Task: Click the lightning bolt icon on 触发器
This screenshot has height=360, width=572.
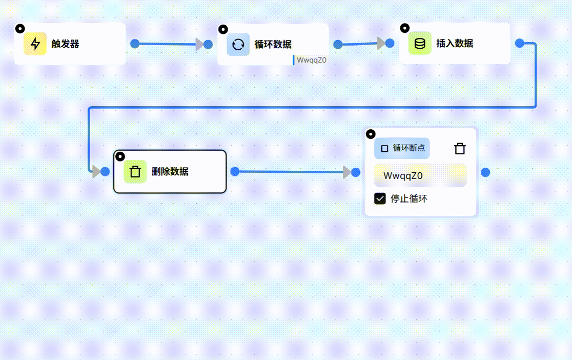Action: [35, 44]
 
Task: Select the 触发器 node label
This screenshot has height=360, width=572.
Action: [66, 44]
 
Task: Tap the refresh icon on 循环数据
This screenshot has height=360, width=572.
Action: [238, 44]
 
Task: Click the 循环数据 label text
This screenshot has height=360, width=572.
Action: [273, 45]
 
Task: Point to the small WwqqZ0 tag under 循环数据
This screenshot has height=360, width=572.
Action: [311, 60]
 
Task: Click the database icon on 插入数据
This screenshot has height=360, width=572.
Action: [420, 44]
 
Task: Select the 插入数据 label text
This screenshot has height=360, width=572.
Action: [455, 44]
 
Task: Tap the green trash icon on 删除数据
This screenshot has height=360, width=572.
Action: [135, 171]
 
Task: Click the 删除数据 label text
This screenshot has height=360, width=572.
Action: [170, 172]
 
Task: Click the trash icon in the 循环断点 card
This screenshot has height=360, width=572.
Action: [460, 149]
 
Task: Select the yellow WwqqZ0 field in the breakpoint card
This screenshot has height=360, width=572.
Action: [420, 175]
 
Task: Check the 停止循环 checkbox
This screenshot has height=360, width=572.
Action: [380, 198]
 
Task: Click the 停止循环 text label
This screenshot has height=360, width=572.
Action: [409, 199]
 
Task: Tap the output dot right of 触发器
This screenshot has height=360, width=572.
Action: [135, 44]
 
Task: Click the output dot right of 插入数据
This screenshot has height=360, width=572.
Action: [519, 43]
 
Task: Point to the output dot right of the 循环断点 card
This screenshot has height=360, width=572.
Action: [485, 172]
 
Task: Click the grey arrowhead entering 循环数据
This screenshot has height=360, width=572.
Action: [199, 44]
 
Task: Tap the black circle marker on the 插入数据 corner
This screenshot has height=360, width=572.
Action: [404, 28]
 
